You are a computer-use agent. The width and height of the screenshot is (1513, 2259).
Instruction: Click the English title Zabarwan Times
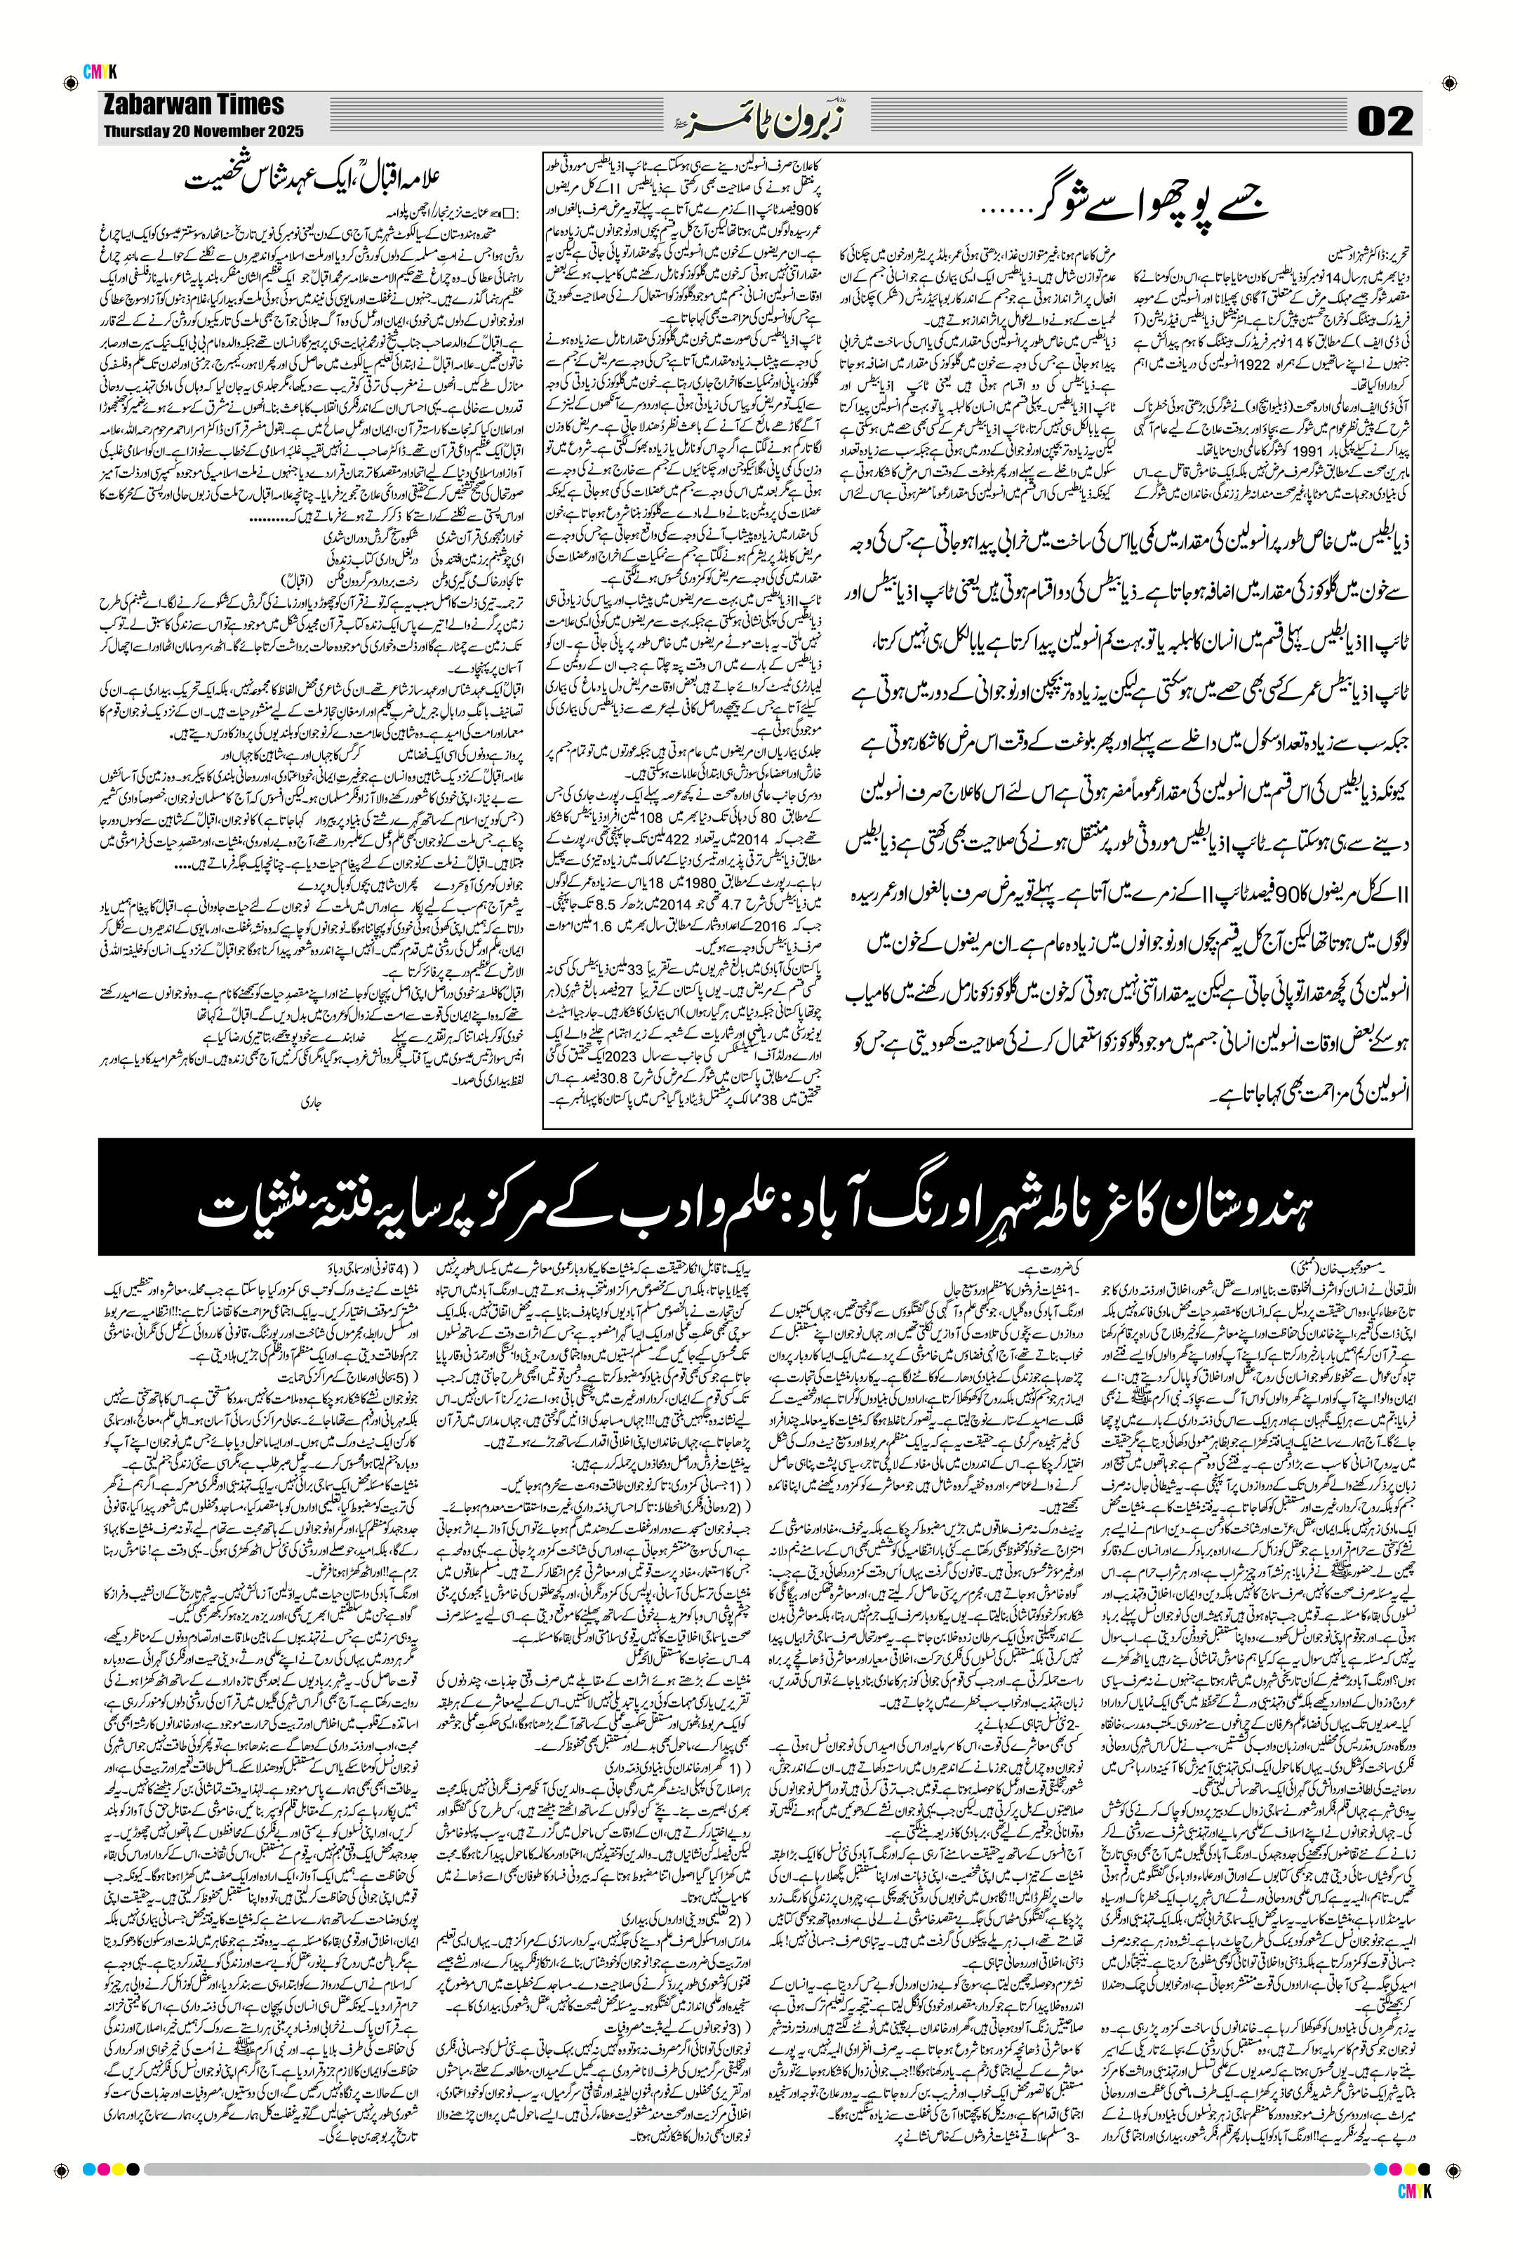[x=193, y=105]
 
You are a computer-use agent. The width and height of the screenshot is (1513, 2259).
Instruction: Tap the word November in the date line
[x=219, y=131]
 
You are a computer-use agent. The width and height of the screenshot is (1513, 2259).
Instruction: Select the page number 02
[x=1384, y=121]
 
